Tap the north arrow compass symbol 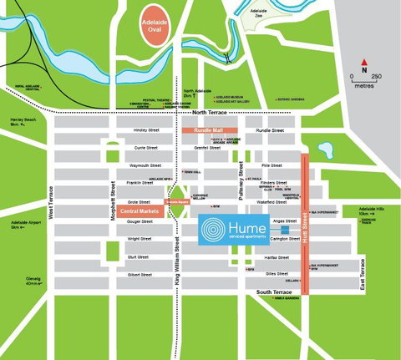(x=364, y=63)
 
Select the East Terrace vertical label (x=362, y=276)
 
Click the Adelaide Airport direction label (x=25, y=225)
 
